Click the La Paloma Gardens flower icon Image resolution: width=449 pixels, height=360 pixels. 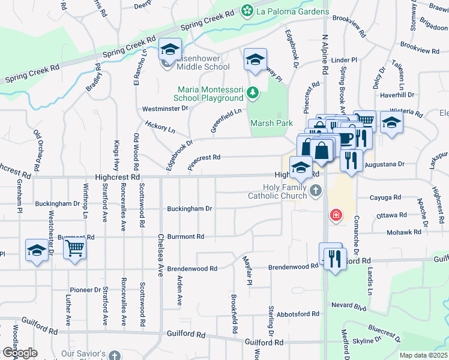[x=246, y=11]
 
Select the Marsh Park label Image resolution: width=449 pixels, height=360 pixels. [x=271, y=123]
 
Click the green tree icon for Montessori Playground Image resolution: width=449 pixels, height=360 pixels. [x=253, y=93]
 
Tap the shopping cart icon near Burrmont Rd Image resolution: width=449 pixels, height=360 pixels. [x=75, y=248]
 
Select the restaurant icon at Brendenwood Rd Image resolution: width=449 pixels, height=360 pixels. [x=334, y=259]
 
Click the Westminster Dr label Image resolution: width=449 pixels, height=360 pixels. [x=165, y=109]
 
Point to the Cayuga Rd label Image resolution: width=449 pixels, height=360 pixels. [x=387, y=197]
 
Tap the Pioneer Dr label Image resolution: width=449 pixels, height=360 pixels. [x=85, y=289]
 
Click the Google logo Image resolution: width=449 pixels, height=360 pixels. [x=20, y=353]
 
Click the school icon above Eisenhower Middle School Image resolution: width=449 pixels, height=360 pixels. [x=170, y=49]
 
